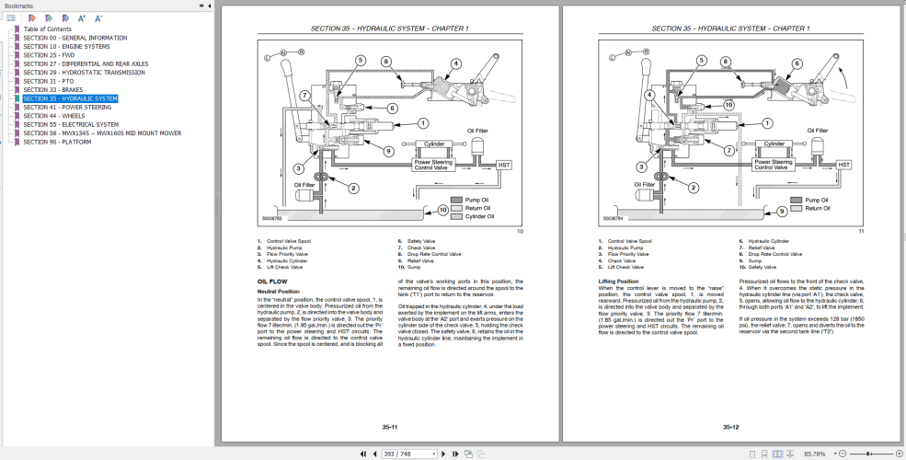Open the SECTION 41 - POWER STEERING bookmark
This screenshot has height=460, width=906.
(67, 107)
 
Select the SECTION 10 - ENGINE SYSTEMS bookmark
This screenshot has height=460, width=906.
(66, 46)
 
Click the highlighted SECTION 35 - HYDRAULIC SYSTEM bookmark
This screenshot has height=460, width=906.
(70, 98)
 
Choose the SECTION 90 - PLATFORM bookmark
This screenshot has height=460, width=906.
(57, 142)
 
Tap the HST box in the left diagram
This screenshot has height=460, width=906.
(503, 165)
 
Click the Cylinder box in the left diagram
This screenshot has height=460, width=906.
(434, 144)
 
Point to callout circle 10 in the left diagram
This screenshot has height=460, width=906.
(442, 210)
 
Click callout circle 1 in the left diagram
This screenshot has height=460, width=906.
(422, 122)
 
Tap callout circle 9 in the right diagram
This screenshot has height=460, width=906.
(782, 211)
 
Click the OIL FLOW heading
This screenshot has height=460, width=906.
(273, 281)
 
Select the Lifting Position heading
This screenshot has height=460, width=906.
(618, 281)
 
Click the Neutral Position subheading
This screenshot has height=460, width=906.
(278, 291)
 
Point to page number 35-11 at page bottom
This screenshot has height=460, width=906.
(389, 427)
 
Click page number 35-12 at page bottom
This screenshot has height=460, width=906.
(731, 427)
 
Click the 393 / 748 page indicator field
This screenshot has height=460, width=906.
(397, 454)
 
